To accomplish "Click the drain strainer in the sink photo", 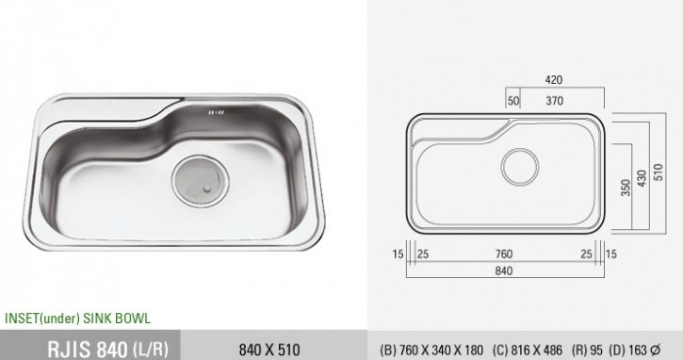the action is pyautogui.click(x=200, y=181).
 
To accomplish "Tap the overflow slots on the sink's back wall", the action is pyautogui.click(x=216, y=112).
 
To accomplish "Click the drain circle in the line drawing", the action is pyautogui.click(x=520, y=167).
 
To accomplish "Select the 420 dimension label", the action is pyautogui.click(x=554, y=80).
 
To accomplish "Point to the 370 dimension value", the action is pyautogui.click(x=555, y=101).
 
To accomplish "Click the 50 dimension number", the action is pyautogui.click(x=513, y=101).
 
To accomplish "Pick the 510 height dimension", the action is pyautogui.click(x=658, y=172).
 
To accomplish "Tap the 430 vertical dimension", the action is pyautogui.click(x=642, y=179).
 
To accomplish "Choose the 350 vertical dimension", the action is pyautogui.click(x=626, y=188).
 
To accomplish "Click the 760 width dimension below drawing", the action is pyautogui.click(x=504, y=254).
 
